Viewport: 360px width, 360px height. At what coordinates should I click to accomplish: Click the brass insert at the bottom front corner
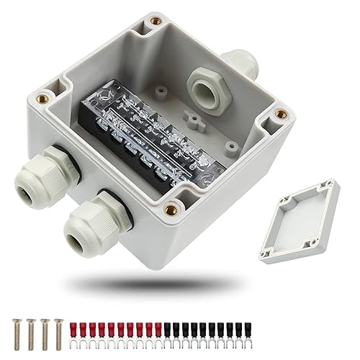(171, 210)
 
